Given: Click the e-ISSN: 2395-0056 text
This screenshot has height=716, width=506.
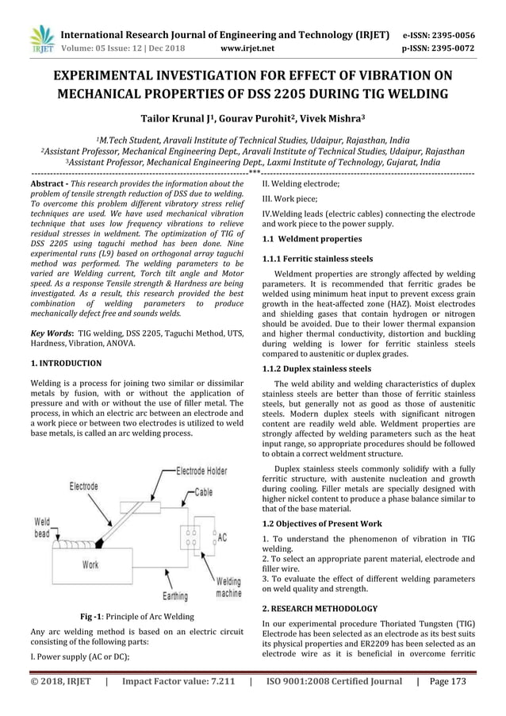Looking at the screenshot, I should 450,36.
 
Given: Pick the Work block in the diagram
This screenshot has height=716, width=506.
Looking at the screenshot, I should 91,565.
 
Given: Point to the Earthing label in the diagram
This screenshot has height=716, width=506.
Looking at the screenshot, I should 175,595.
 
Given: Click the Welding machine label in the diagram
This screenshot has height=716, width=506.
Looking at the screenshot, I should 229,587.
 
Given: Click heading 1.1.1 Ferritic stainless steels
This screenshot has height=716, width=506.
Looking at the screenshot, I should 316,259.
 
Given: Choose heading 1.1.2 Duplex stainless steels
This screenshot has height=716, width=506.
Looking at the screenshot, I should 316,368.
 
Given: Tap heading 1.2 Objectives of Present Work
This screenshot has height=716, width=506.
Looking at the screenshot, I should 321,524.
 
